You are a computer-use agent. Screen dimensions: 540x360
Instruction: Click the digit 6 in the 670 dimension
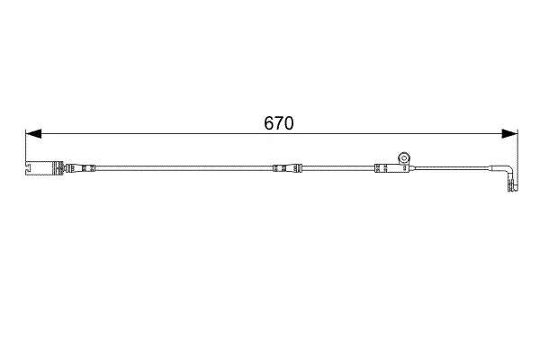[269, 123]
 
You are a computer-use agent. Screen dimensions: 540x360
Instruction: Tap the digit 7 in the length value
[279, 123]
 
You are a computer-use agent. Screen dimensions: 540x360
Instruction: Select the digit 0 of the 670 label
[289, 123]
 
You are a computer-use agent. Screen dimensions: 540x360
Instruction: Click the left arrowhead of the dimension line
[33, 134]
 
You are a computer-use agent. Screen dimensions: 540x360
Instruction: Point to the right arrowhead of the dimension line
[509, 134]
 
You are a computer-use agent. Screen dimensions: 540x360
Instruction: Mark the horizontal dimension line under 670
[272, 134]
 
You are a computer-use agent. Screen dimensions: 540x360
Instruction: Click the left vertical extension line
[26, 146]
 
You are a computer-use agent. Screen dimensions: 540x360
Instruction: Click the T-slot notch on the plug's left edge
[28, 168]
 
